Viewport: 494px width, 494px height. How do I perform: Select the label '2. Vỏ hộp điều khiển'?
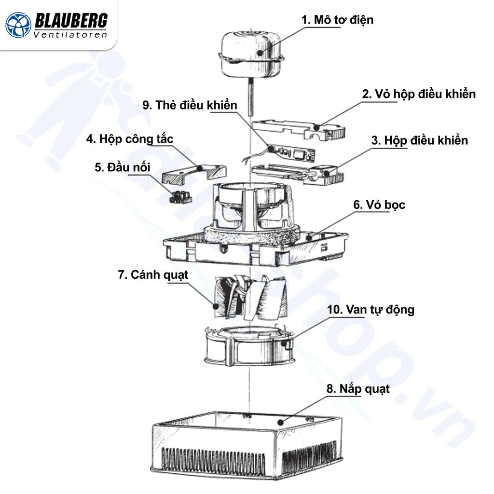pyautogui.click(x=418, y=94)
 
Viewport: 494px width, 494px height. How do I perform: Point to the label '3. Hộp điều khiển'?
pyautogui.click(x=419, y=140)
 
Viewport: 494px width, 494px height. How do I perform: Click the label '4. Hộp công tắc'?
pyautogui.click(x=129, y=139)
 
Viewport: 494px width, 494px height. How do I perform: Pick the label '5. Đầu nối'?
pyautogui.click(x=123, y=167)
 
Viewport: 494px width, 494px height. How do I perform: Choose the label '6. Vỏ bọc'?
pyautogui.click(x=379, y=205)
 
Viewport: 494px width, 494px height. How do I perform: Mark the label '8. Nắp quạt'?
pyautogui.click(x=358, y=389)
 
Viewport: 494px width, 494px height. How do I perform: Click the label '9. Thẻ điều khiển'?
pyautogui.click(x=190, y=106)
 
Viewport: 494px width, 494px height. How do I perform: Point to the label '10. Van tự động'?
pyautogui.click(x=370, y=309)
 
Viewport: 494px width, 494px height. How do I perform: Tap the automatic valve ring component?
pyautogui.click(x=249, y=346)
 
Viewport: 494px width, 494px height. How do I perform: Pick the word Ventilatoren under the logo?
pyautogui.click(x=70, y=35)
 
